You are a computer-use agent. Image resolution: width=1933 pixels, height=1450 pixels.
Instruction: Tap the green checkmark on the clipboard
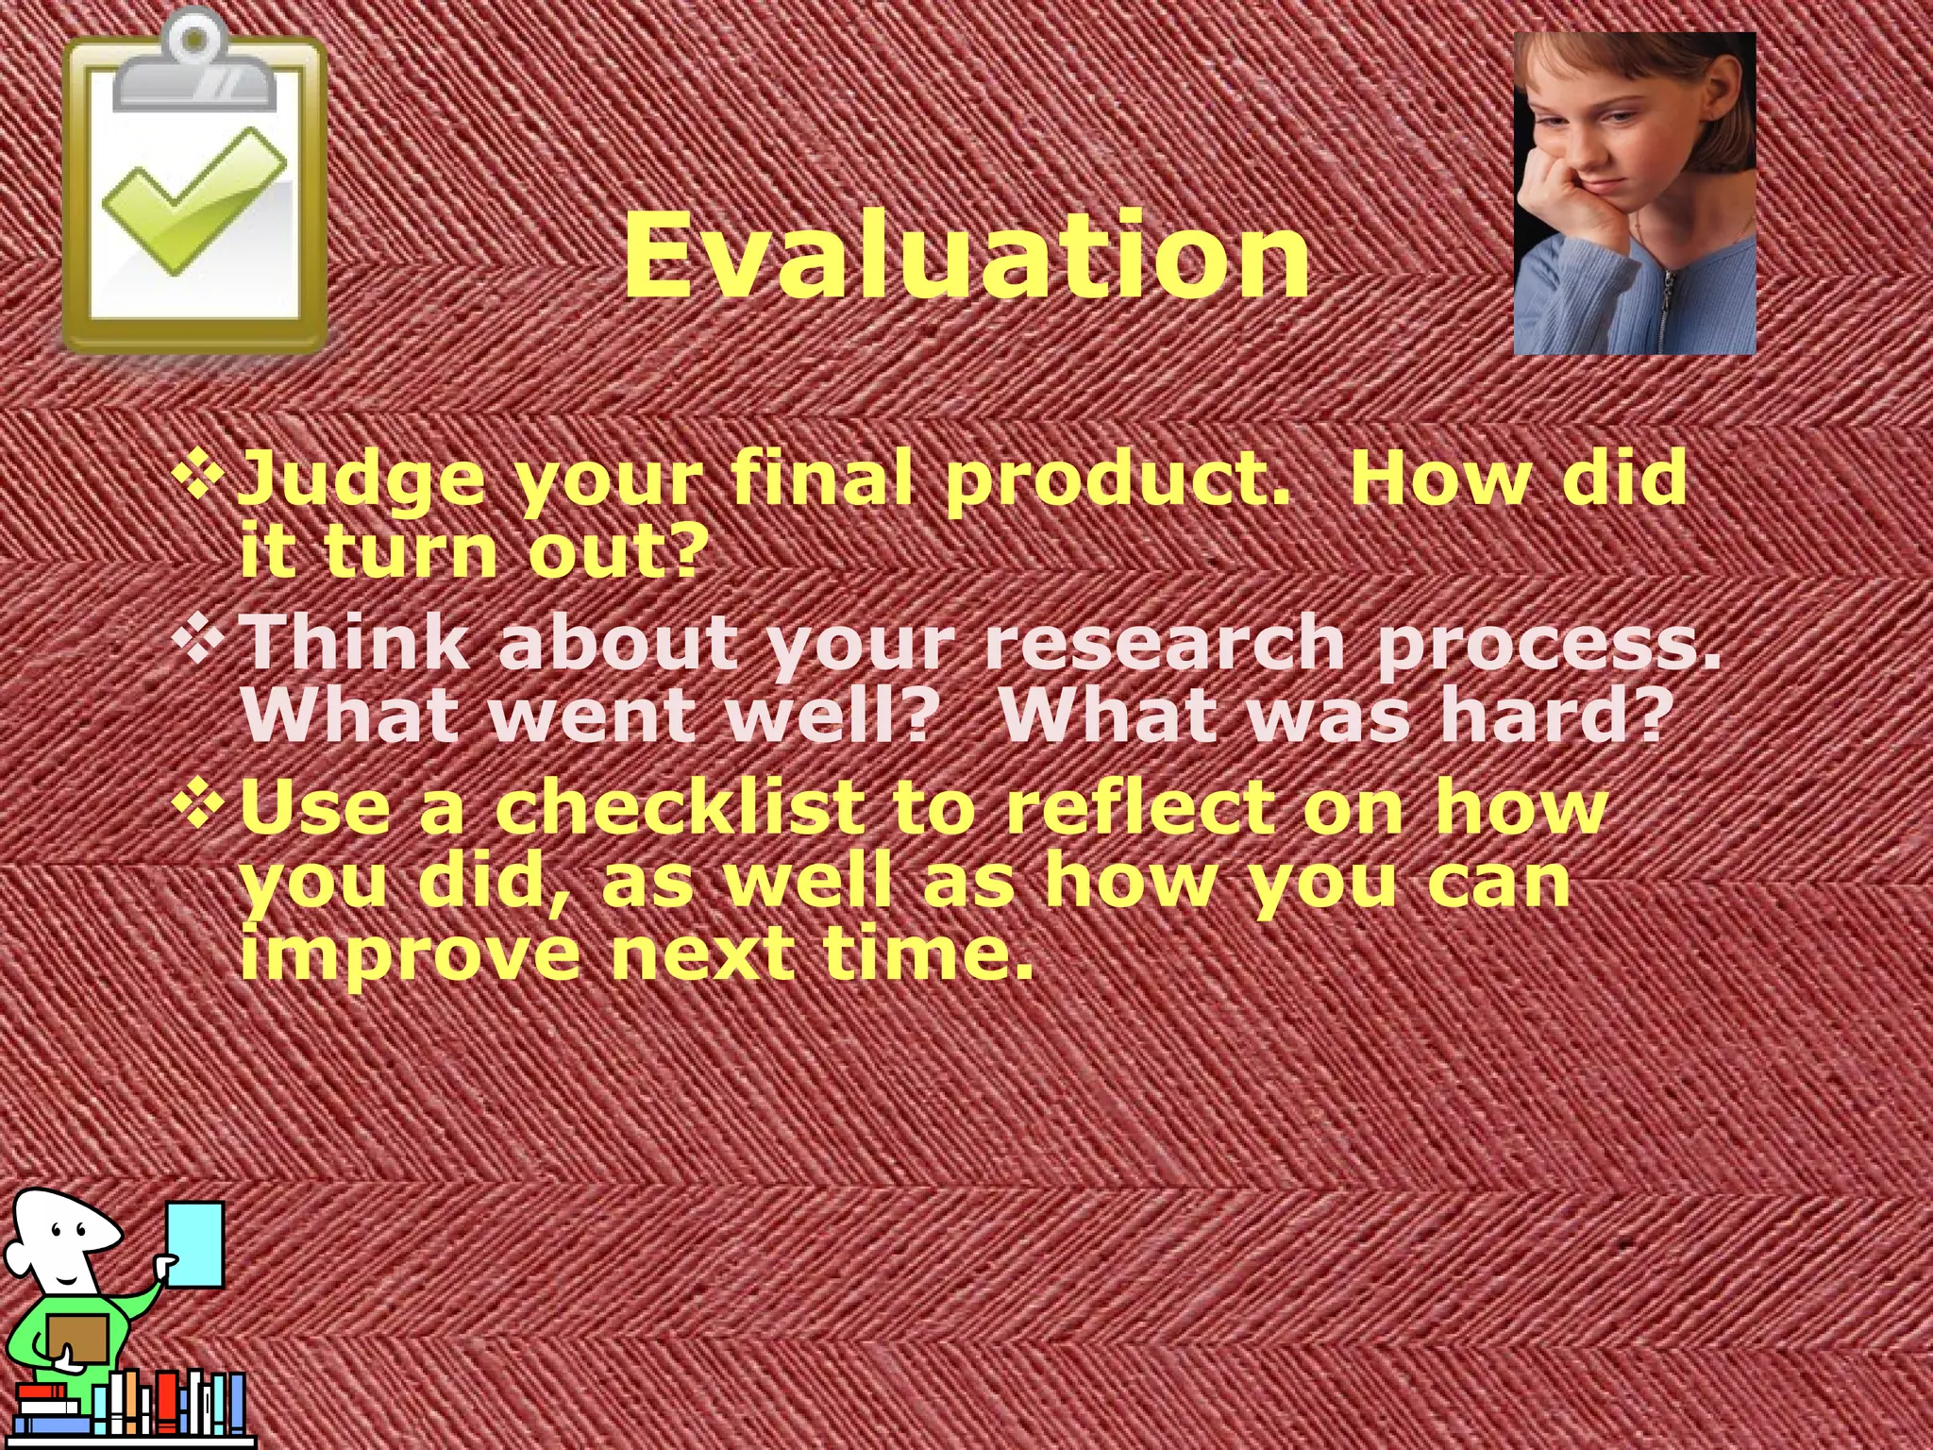(x=194, y=200)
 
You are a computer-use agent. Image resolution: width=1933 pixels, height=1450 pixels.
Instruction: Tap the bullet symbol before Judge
(x=199, y=472)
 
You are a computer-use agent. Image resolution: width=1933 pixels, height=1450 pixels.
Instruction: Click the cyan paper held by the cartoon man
(x=197, y=1244)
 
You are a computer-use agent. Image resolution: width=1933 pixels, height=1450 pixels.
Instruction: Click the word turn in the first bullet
(x=412, y=552)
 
